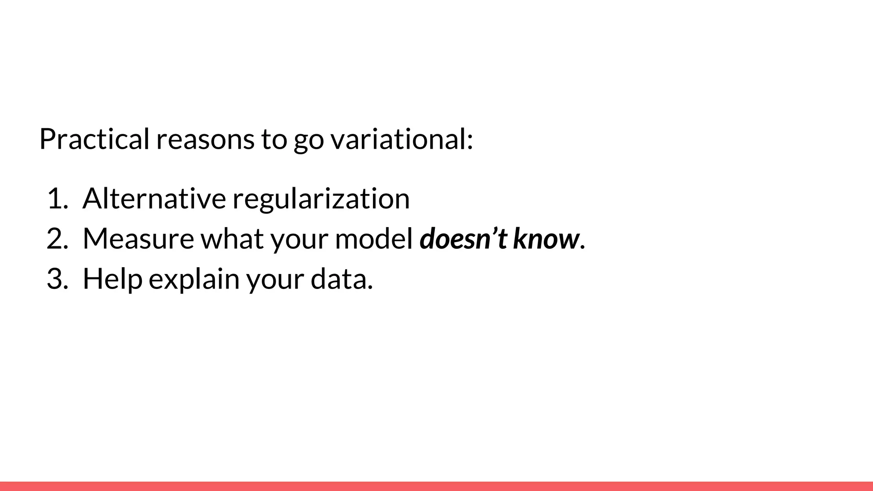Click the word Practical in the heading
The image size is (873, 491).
tap(94, 139)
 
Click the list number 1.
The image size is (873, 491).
tap(57, 199)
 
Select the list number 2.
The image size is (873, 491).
tap(57, 239)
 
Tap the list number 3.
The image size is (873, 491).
tap(57, 279)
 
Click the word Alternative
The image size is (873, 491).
tap(154, 199)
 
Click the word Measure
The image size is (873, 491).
tap(138, 239)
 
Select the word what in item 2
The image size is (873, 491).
tap(232, 239)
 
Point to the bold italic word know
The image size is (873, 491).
tap(546, 239)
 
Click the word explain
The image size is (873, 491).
tap(194, 280)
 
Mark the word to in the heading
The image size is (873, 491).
tap(274, 139)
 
